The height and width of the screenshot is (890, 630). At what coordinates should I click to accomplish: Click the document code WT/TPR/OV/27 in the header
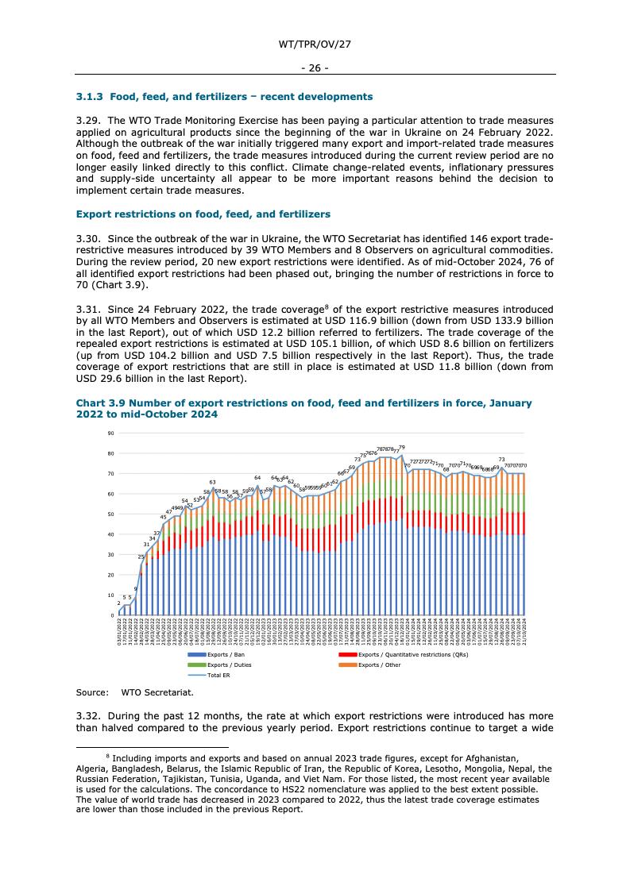click(x=315, y=44)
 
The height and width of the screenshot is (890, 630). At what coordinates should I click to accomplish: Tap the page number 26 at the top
click(x=315, y=67)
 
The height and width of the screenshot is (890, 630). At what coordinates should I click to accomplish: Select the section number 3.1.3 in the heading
click(x=90, y=97)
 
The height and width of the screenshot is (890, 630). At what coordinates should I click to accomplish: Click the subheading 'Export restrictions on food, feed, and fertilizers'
click(x=203, y=214)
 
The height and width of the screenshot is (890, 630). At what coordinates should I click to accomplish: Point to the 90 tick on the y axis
click(x=111, y=433)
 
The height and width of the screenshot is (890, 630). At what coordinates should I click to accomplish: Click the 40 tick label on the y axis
click(x=111, y=534)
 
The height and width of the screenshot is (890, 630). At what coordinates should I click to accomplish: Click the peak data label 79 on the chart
click(x=402, y=448)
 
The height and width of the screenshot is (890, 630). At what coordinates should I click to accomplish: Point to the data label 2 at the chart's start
click(x=118, y=603)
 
